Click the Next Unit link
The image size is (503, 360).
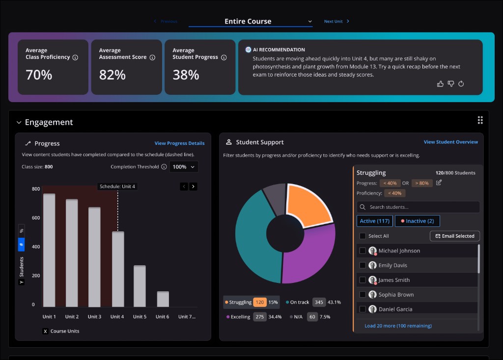(336, 22)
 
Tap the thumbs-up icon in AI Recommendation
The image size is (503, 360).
(440, 84)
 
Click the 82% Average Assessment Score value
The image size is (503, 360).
(112, 75)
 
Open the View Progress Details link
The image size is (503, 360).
(179, 143)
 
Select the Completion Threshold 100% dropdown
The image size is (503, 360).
(184, 167)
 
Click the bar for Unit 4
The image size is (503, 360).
(118, 269)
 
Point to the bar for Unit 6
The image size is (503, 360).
(163, 299)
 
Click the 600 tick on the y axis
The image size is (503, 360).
(36, 218)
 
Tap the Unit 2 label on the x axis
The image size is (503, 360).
(72, 317)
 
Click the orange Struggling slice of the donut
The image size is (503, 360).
(308, 205)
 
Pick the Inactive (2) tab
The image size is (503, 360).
(418, 221)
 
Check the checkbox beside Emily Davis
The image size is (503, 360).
(363, 265)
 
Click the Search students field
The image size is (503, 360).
(418, 207)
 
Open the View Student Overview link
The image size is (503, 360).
(451, 142)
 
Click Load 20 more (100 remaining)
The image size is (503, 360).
(398, 326)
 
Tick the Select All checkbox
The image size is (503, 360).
(363, 236)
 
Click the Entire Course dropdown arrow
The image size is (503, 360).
(310, 22)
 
